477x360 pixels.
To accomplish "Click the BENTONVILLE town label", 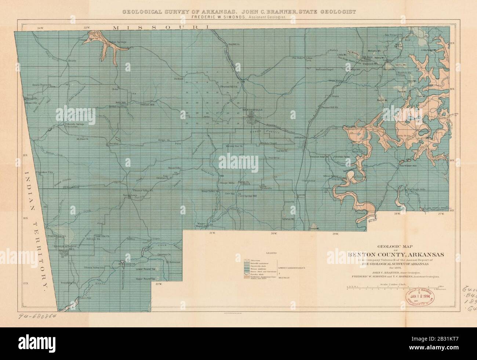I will (251, 110).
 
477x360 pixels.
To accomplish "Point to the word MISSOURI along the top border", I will (161, 28).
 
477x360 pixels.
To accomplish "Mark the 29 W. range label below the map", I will (335, 234).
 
